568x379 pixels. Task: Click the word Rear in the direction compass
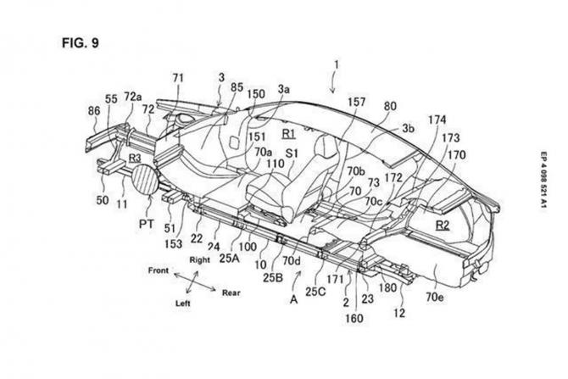click(231, 293)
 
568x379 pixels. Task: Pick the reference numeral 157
click(356, 102)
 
